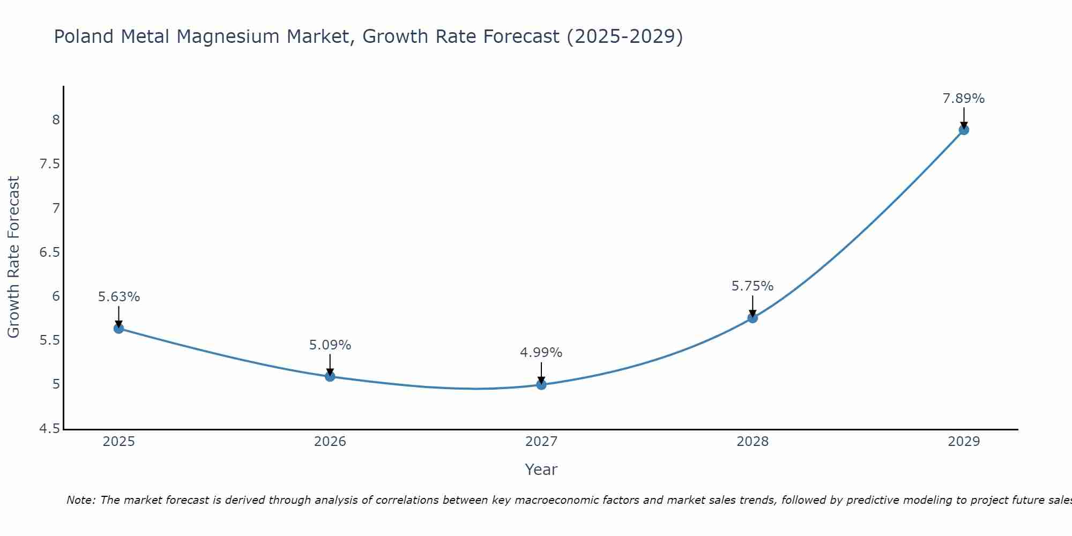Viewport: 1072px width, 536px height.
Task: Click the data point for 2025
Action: (x=119, y=329)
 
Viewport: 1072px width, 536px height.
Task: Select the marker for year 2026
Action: (x=330, y=376)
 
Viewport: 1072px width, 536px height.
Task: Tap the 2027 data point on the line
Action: (x=541, y=385)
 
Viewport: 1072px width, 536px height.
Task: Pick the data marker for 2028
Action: (x=753, y=318)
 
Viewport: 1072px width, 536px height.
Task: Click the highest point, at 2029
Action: (x=964, y=130)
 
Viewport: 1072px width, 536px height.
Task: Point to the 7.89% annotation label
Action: (x=964, y=99)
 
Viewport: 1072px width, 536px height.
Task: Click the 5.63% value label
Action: (x=119, y=297)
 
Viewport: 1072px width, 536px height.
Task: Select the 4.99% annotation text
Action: (x=541, y=353)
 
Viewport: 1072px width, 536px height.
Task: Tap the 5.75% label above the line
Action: (x=753, y=286)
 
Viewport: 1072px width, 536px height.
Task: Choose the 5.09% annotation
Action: (x=330, y=345)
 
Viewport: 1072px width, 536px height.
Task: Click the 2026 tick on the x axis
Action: (x=330, y=442)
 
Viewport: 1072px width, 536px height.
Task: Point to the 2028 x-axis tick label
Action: (x=753, y=442)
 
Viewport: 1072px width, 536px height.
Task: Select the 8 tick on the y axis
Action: (x=56, y=120)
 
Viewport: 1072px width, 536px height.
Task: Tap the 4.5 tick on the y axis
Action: (x=50, y=429)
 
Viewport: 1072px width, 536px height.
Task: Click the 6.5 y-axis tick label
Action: (x=50, y=252)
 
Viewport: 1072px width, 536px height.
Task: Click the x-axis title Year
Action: (x=541, y=470)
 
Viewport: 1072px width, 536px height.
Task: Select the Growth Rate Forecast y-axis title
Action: (x=13, y=257)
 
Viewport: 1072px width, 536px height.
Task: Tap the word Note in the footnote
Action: (x=80, y=500)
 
